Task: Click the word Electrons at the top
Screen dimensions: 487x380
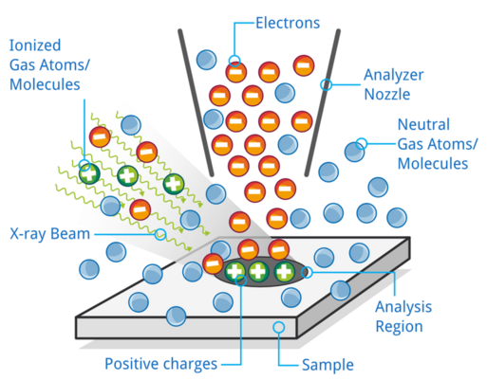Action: pyautogui.click(x=288, y=23)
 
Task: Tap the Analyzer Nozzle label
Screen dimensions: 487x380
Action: pyautogui.click(x=393, y=84)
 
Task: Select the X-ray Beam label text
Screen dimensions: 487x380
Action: pyautogui.click(x=50, y=234)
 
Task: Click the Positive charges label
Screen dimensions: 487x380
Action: pyautogui.click(x=160, y=364)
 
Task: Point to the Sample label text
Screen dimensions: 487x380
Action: pyautogui.click(x=328, y=365)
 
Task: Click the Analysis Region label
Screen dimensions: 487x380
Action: pyautogui.click(x=403, y=317)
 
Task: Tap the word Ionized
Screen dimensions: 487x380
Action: pyautogui.click(x=35, y=45)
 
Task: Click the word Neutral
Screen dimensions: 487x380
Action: pyautogui.click(x=423, y=124)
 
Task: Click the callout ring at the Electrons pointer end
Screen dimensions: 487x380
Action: pyautogui.click(x=234, y=61)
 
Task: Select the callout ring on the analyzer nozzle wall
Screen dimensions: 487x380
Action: pyautogui.click(x=327, y=84)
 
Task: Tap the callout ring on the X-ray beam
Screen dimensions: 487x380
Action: pyautogui.click(x=160, y=234)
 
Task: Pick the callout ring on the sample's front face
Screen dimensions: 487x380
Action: pyautogui.click(x=279, y=327)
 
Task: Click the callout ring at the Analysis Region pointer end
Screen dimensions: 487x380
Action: pyautogui.click(x=307, y=272)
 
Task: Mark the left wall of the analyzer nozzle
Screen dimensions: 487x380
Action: pyautogui.click(x=196, y=102)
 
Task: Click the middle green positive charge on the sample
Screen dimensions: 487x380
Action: pyautogui.click(x=258, y=272)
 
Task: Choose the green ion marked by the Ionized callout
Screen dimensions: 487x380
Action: pyautogui.click(x=89, y=173)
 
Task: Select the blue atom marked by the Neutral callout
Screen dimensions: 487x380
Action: pyautogui.click(x=354, y=152)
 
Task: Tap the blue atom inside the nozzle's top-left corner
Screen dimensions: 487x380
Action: pyautogui.click(x=206, y=60)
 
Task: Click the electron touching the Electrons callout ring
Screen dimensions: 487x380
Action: pyautogui.click(x=236, y=72)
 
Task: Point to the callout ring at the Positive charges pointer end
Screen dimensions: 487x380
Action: pyautogui.click(x=241, y=280)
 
